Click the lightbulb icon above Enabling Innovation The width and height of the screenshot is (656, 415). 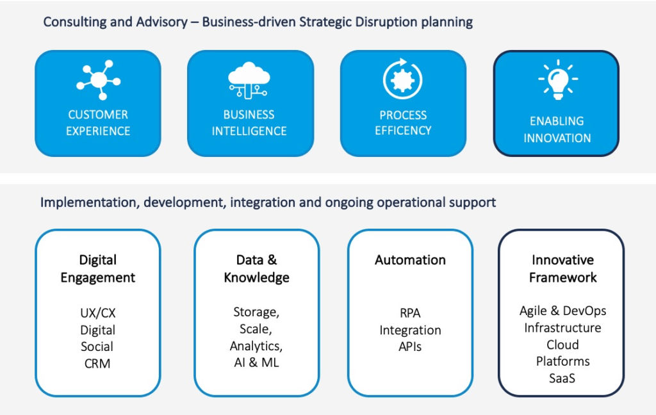pos(558,79)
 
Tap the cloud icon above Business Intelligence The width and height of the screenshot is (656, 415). pos(249,80)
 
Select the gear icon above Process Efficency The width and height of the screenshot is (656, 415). pos(402,79)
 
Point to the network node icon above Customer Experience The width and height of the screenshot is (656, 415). pos(99,79)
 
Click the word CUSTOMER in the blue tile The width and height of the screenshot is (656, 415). pos(98,115)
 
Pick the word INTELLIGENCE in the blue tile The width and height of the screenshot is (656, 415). pos(249,131)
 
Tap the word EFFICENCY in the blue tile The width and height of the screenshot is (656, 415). pos(403,131)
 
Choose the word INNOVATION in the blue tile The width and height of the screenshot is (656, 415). pos(557,138)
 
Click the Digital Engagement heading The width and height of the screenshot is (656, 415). pos(98,268)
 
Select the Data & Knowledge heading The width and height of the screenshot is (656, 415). pos(256,268)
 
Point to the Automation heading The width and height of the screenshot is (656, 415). pos(410,260)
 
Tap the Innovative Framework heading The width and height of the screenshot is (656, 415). pos(562,268)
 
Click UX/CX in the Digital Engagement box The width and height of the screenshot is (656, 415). pos(98,313)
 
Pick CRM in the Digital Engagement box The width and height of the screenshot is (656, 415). pos(97,364)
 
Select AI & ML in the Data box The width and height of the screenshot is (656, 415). pos(256,362)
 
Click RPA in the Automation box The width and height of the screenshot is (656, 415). pos(410,313)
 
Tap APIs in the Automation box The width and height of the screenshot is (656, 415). pos(410,346)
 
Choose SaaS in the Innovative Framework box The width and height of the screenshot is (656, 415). pos(562,378)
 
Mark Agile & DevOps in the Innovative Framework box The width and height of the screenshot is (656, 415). pos(562,311)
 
